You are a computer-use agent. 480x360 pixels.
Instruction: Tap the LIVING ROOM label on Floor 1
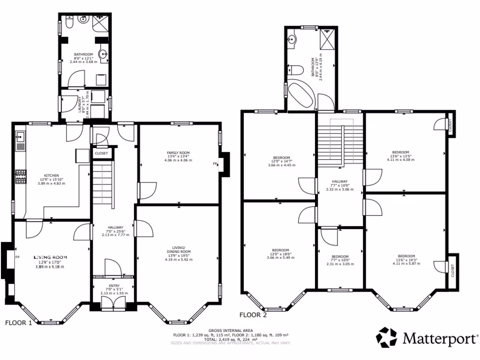(x=50, y=258)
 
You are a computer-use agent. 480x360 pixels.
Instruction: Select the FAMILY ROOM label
(x=178, y=153)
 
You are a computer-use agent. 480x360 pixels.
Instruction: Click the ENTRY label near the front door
(x=114, y=286)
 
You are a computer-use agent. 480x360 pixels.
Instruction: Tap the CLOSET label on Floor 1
(x=101, y=153)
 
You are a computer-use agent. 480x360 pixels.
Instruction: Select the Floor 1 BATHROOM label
(x=83, y=54)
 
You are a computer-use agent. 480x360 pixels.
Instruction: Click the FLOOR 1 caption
(x=19, y=323)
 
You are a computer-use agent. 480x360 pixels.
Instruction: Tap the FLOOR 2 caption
(x=253, y=315)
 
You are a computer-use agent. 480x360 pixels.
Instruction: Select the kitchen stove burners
(x=21, y=176)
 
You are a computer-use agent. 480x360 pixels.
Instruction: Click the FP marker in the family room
(x=215, y=164)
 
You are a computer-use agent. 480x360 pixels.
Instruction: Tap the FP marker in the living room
(x=17, y=257)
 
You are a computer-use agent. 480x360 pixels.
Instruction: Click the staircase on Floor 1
(x=102, y=185)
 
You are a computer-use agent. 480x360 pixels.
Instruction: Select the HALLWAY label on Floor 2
(x=340, y=181)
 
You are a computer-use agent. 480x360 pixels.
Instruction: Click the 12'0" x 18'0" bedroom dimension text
(x=278, y=254)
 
